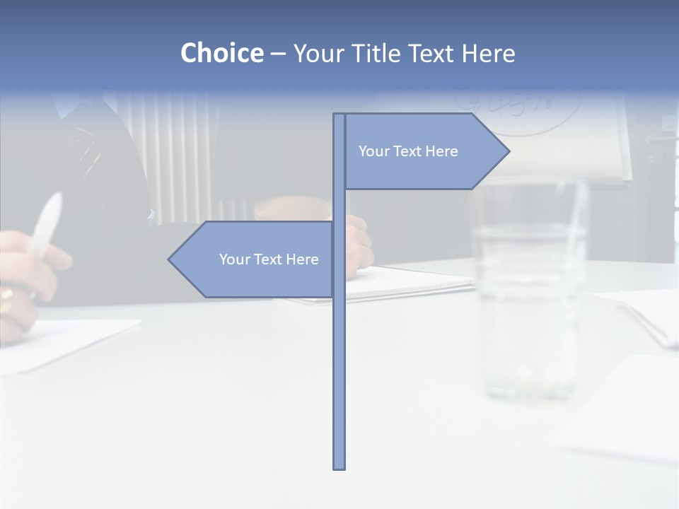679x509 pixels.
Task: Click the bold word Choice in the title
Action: click(221, 53)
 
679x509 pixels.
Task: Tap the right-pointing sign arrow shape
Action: click(424, 151)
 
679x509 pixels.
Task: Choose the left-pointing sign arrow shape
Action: click(255, 259)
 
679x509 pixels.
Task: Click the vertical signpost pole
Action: click(339, 353)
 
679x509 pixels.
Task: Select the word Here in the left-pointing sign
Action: click(302, 259)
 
